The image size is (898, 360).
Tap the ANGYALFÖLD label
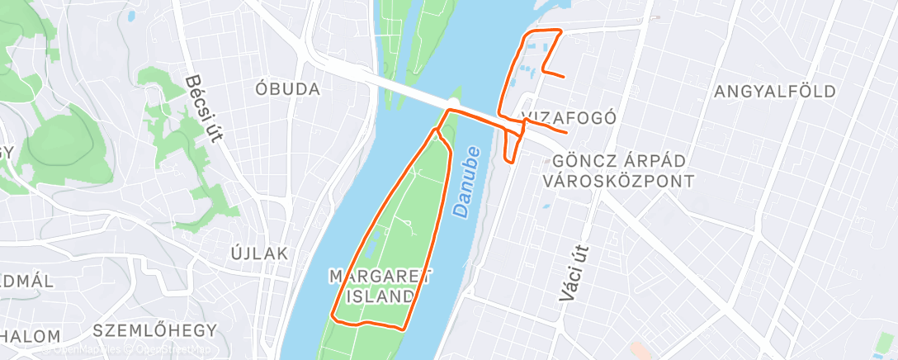[x=776, y=91]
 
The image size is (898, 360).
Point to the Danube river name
[x=467, y=182]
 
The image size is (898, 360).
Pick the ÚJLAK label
[x=260, y=253]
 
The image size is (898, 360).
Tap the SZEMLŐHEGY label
[x=155, y=330]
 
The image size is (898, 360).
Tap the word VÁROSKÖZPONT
[x=617, y=180]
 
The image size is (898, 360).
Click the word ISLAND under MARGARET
[x=381, y=296]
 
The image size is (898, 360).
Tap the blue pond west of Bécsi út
[x=130, y=15]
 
